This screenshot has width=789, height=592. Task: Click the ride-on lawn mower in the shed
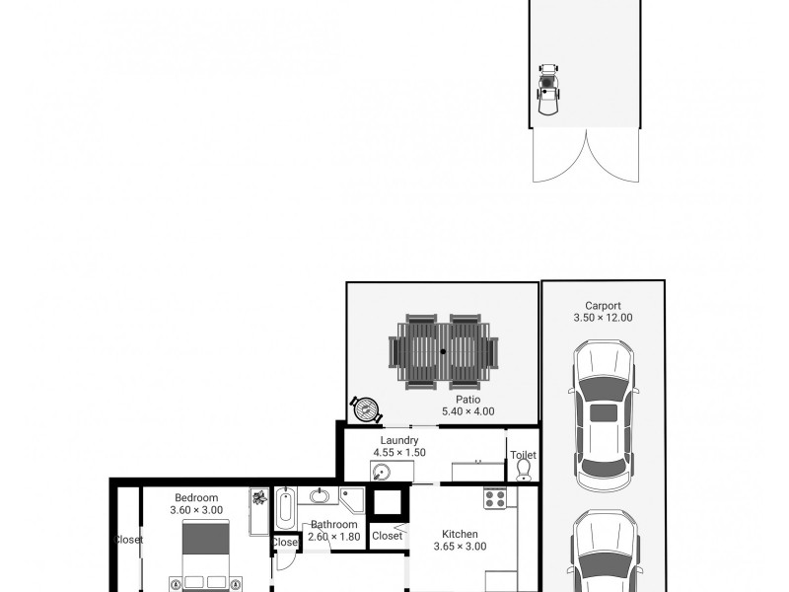(x=548, y=90)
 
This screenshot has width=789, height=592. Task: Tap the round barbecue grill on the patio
(x=366, y=409)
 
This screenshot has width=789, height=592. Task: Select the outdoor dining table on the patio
(x=443, y=351)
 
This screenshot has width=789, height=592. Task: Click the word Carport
(x=603, y=306)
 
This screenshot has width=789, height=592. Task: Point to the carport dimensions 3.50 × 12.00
(x=603, y=318)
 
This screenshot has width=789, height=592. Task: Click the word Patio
(x=467, y=400)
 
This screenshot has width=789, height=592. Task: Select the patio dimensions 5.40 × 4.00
(x=467, y=411)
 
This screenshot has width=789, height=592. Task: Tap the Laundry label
(x=399, y=440)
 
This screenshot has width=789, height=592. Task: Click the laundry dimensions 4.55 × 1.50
(x=399, y=453)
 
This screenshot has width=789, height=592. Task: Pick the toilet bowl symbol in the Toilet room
(x=524, y=471)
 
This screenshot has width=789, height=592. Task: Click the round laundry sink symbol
(x=382, y=473)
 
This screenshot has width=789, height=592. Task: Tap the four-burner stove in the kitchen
(x=495, y=498)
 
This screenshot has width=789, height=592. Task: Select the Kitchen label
(x=460, y=534)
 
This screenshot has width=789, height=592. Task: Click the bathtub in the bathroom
(x=285, y=508)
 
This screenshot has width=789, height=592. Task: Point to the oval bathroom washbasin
(x=319, y=496)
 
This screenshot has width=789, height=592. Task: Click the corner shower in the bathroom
(x=351, y=499)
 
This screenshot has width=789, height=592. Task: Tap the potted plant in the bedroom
(x=259, y=497)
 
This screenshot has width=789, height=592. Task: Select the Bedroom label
(x=196, y=498)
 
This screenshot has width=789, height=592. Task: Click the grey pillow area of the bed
(x=205, y=539)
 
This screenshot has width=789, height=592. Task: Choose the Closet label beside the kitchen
(x=387, y=536)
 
